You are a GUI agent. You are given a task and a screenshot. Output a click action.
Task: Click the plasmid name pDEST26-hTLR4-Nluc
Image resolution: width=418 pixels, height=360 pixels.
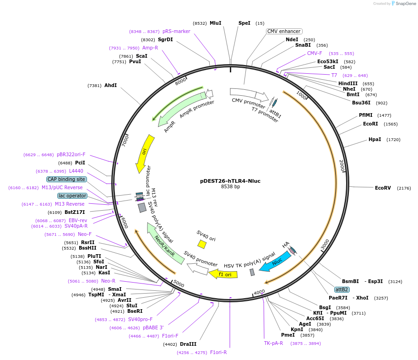230,181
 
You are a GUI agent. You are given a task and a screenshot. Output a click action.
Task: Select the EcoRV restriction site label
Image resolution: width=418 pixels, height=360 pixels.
383,188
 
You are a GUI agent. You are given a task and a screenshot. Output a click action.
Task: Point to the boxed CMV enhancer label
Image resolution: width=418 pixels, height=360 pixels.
284,32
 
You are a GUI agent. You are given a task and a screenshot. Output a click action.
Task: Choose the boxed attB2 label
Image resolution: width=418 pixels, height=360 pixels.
342,289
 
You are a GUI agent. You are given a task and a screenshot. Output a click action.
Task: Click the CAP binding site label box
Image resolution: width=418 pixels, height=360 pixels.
66,179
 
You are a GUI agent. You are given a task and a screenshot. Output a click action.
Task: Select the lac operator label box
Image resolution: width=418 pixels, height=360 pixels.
72,196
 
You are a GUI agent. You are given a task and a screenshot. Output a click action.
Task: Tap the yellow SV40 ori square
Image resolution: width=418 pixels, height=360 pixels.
202,245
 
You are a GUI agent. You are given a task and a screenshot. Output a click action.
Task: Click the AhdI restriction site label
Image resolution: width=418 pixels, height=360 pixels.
111,85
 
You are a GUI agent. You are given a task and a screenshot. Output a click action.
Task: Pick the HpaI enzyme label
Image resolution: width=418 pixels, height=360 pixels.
375,139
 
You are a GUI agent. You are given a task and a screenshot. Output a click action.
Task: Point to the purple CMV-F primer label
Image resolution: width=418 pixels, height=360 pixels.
315,53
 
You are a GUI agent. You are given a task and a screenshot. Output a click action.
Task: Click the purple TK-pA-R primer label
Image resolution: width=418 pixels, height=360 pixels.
273,343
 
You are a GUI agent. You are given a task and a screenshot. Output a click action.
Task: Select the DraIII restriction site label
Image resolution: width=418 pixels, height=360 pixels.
188,344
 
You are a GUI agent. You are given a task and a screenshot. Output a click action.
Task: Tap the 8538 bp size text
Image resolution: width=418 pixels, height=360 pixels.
230,187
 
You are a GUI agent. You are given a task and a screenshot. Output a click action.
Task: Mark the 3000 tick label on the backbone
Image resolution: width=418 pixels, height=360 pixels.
325,245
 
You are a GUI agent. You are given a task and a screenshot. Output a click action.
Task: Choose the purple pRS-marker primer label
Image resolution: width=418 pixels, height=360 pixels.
176,31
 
